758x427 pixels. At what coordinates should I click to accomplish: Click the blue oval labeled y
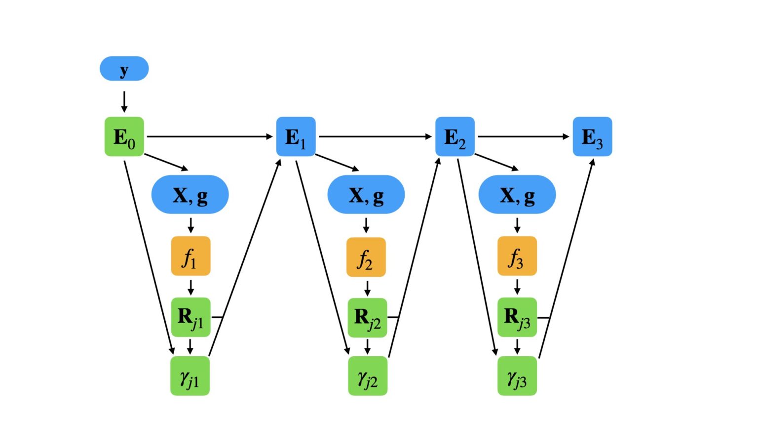pos(124,69)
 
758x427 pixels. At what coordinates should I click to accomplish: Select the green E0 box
pos(124,137)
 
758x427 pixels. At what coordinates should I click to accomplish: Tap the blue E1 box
pos(296,137)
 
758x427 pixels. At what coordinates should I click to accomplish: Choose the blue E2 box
pos(455,137)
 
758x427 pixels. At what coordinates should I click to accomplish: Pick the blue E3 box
pos(592,137)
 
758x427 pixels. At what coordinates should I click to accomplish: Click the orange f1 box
pos(190,256)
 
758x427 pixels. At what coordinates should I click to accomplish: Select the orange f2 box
pos(366,257)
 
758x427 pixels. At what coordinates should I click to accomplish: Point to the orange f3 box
pos(517,256)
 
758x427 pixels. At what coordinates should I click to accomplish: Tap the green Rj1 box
pos(190,317)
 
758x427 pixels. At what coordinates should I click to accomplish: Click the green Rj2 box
pos(367,318)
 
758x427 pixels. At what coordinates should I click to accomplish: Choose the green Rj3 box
pos(517,317)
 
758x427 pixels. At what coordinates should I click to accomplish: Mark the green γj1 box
pos(190,376)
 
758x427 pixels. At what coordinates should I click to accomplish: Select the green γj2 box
pos(368,376)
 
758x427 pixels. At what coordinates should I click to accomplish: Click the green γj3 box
pos(517,376)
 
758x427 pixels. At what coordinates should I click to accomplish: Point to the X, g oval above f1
pos(190,195)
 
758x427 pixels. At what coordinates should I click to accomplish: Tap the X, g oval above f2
pos(366,195)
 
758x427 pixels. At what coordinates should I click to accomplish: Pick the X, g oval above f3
pos(517,195)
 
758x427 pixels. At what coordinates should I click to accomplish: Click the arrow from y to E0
pos(124,101)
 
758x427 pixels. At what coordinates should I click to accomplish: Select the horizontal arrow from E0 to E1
pos(210,136)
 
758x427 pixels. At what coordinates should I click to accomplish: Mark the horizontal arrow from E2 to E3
pos(523,136)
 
